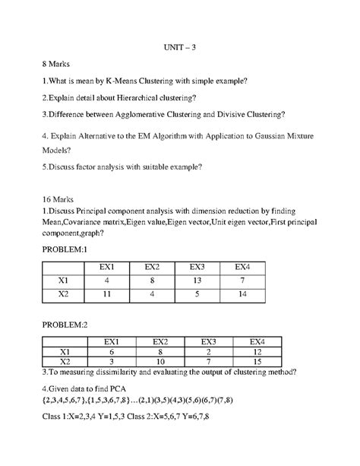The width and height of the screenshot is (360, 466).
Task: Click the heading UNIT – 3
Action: pyautogui.click(x=180, y=47)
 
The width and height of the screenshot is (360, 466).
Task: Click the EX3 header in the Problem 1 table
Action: pyautogui.click(x=197, y=267)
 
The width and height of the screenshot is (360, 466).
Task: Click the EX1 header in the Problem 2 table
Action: pyautogui.click(x=113, y=341)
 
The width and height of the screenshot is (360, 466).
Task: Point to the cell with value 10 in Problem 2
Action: pyautogui.click(x=162, y=362)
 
